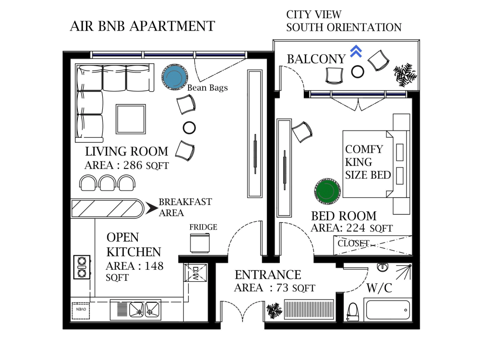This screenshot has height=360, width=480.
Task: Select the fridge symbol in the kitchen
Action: pos(200,242)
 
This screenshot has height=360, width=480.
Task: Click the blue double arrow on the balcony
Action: pos(356,51)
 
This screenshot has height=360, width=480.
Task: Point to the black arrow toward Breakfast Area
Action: pos(151,208)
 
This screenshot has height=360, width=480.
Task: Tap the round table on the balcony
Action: pos(358,72)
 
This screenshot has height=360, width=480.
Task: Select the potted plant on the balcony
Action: pos(405,74)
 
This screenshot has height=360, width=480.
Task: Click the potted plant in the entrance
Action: pos(275,311)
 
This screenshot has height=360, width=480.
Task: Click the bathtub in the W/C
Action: pos(387,310)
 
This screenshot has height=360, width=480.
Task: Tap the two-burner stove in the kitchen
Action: pos(82,267)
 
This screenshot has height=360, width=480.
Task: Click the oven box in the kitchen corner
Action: pos(81,310)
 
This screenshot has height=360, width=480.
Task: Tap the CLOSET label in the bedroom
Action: pos(353,243)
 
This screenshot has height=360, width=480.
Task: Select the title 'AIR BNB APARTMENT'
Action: pos(143,26)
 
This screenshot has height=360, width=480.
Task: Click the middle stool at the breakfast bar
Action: pos(107,183)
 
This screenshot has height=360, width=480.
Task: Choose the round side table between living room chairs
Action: pos(189,128)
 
